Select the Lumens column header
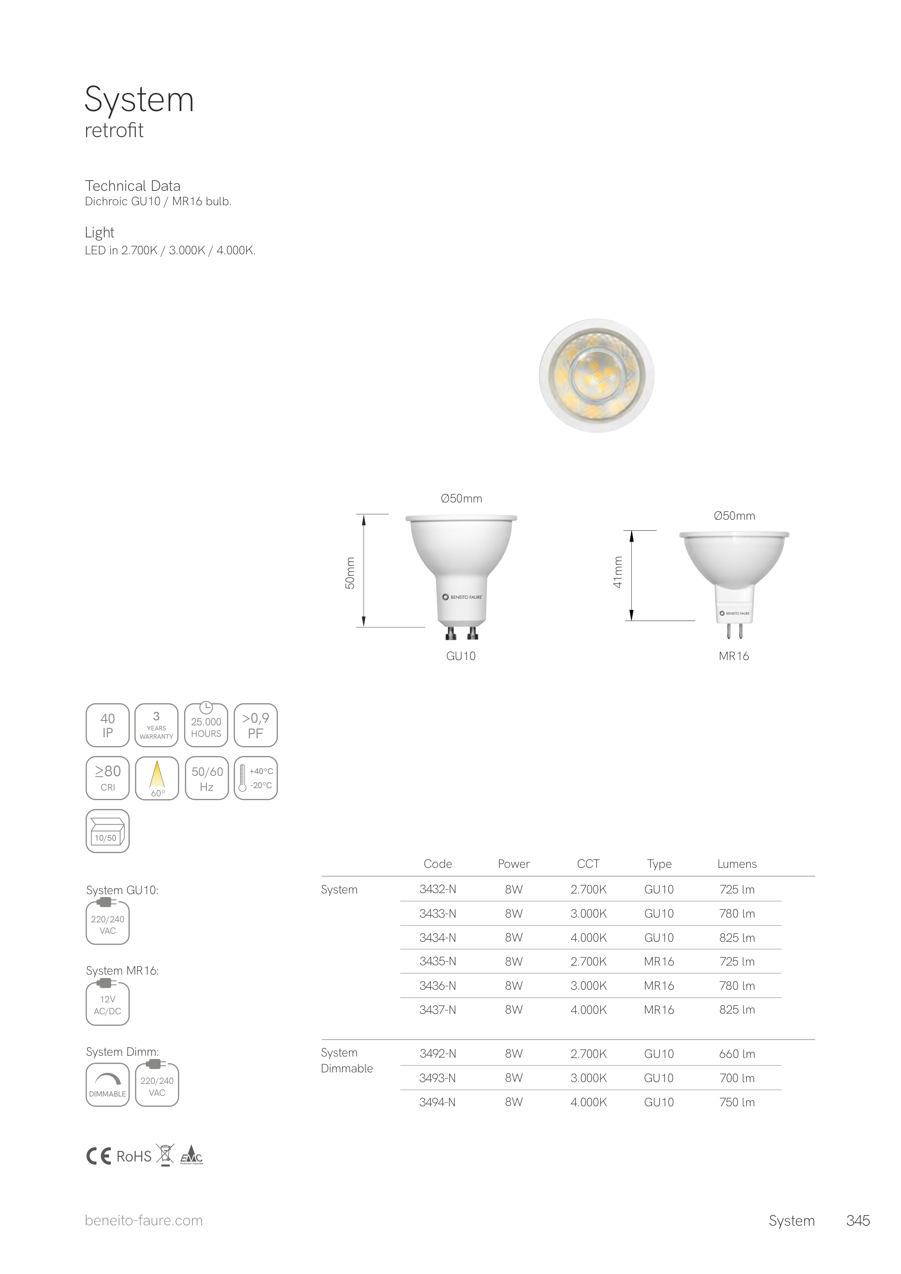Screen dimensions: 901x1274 pyautogui.click(x=737, y=864)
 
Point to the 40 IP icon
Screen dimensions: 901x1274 pyautogui.click(x=108, y=725)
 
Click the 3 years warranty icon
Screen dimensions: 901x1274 pyautogui.click(x=157, y=725)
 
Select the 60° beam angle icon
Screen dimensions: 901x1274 pyautogui.click(x=157, y=778)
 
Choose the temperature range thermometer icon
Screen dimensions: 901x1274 pyautogui.click(x=255, y=778)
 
